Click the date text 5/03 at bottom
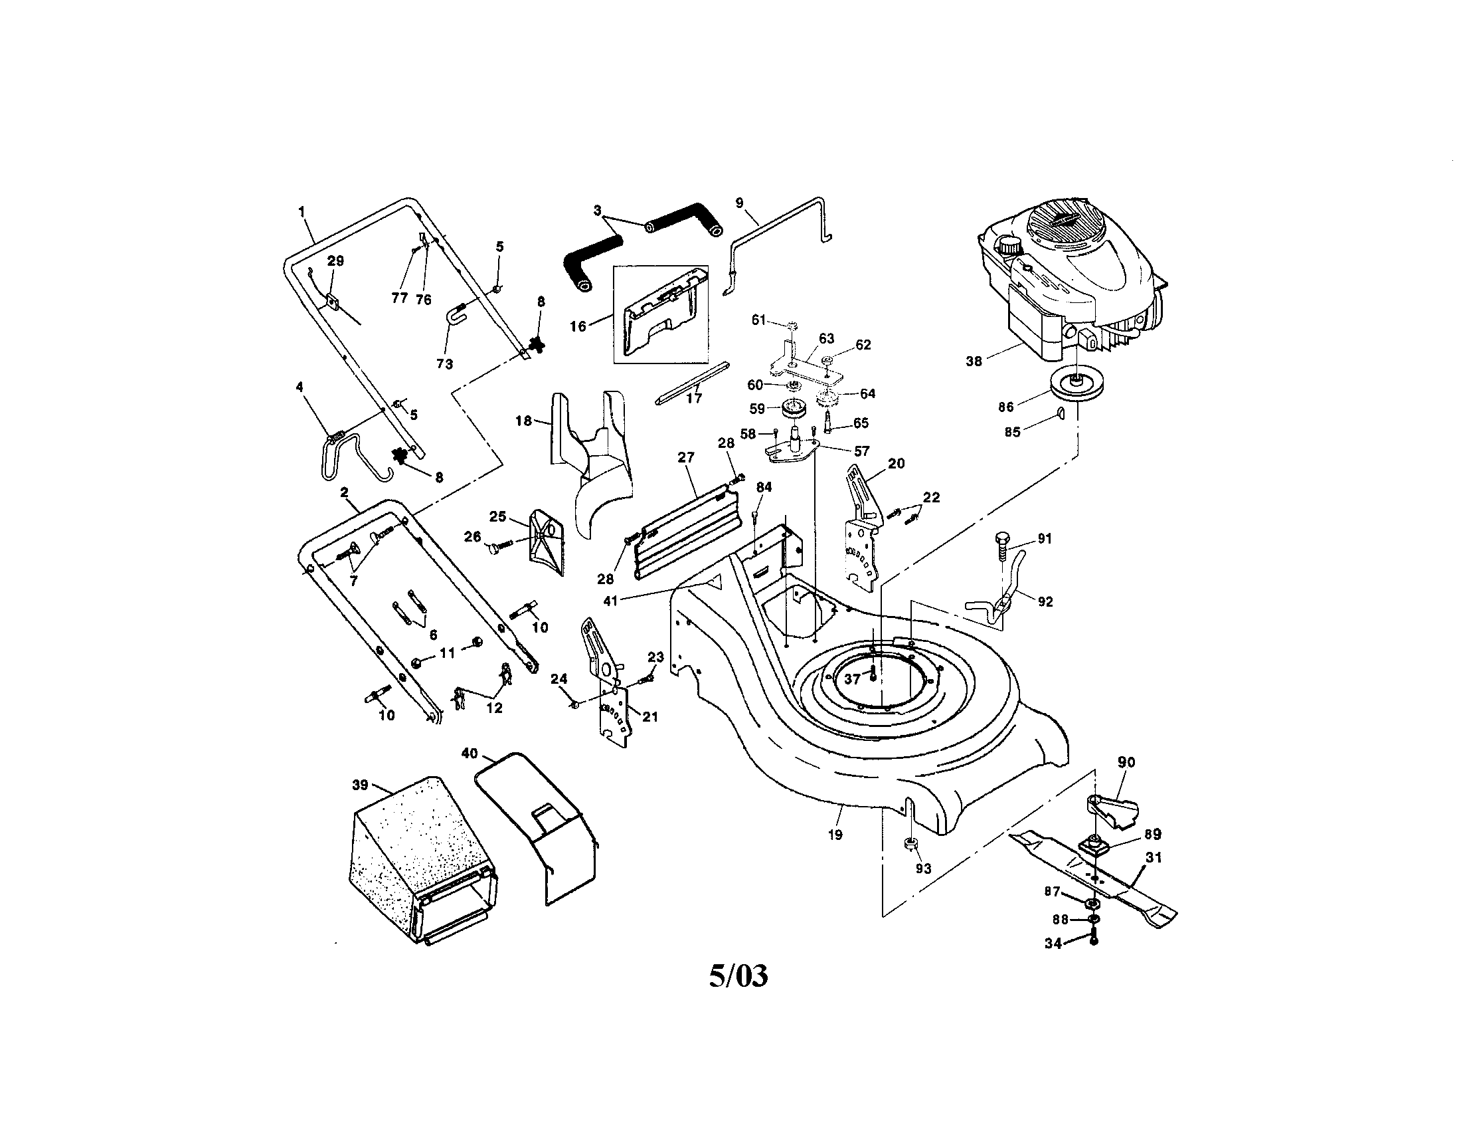pyautogui.click(x=738, y=976)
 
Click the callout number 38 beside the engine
pyautogui.click(x=974, y=361)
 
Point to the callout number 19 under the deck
pyautogui.click(x=835, y=835)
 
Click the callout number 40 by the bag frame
pyautogui.click(x=470, y=754)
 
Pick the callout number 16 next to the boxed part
pyautogui.click(x=578, y=326)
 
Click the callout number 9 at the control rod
pyautogui.click(x=739, y=203)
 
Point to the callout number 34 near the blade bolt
pyautogui.click(x=1053, y=944)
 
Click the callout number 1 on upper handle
pyautogui.click(x=301, y=211)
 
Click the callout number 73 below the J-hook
pyautogui.click(x=444, y=363)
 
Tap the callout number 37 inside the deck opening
pyautogui.click(x=851, y=679)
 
